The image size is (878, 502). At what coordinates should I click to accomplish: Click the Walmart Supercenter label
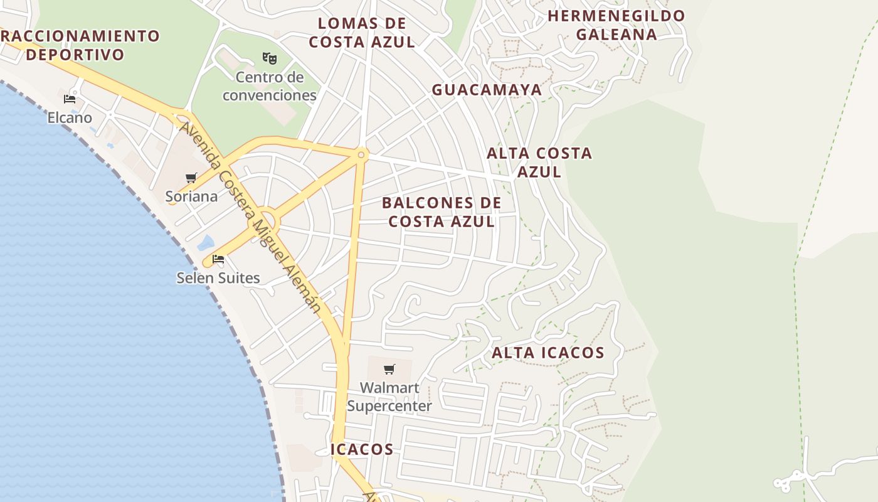pyautogui.click(x=389, y=397)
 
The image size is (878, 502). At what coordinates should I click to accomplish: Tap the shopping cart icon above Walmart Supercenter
pyautogui.click(x=389, y=369)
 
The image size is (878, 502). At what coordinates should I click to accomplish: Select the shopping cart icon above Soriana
pyautogui.click(x=191, y=178)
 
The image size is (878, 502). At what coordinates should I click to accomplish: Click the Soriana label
pyautogui.click(x=191, y=196)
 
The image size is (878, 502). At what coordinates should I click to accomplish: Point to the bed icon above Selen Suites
pyautogui.click(x=218, y=259)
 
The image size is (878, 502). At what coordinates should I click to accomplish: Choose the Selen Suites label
pyautogui.click(x=218, y=277)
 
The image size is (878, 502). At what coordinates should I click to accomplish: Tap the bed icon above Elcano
pyautogui.click(x=70, y=99)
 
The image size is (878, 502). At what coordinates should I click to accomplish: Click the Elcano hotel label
pyautogui.click(x=70, y=117)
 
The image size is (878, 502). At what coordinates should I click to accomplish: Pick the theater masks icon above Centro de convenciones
pyautogui.click(x=270, y=58)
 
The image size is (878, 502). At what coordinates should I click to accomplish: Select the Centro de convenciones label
pyautogui.click(x=270, y=86)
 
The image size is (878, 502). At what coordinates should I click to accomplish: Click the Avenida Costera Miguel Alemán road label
pyautogui.click(x=251, y=216)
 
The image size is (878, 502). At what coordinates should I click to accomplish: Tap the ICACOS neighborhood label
pyautogui.click(x=362, y=449)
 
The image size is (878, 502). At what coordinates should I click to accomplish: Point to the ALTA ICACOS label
pyautogui.click(x=547, y=353)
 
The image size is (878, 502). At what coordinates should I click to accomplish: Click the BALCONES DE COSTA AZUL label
pyautogui.click(x=442, y=212)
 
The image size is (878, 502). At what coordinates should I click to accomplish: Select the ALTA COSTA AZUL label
pyautogui.click(x=539, y=162)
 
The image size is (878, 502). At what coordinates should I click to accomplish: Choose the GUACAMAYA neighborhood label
pyautogui.click(x=487, y=90)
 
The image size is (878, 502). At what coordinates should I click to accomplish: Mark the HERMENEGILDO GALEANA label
pyautogui.click(x=616, y=25)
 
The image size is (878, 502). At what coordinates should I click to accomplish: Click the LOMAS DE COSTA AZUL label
pyautogui.click(x=362, y=33)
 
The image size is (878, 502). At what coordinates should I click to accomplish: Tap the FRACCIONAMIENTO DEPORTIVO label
pyautogui.click(x=78, y=45)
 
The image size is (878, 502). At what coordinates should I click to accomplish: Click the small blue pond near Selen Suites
pyautogui.click(x=206, y=243)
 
